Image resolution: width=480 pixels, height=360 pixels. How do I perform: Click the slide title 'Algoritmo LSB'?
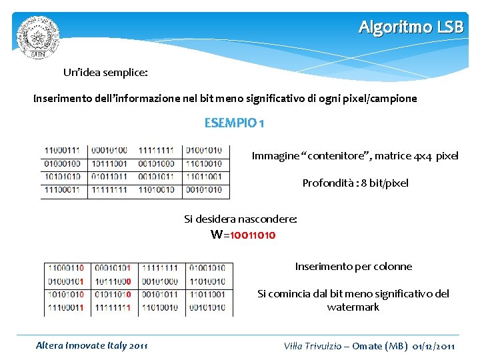coord(410,27)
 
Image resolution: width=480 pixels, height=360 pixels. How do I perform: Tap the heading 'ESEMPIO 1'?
coord(234,123)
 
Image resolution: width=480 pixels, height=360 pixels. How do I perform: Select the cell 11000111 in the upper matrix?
coord(62,151)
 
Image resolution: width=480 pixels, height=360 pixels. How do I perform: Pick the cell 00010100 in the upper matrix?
coord(109,151)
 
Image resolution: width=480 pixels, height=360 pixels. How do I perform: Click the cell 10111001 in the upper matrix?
coord(109,164)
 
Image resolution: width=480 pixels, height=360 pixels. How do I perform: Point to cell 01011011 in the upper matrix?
coord(109,177)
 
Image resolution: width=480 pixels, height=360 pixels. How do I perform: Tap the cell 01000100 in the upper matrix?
coord(62,164)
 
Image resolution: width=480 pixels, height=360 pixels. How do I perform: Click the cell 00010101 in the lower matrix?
coord(112,268)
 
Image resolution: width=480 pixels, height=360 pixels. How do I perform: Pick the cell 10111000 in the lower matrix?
coord(112,281)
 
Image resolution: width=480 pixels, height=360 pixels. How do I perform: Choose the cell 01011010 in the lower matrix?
coord(112,294)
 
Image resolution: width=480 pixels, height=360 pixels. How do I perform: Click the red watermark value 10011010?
coord(253,235)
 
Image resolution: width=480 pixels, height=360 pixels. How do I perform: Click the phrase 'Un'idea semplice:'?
coord(105,71)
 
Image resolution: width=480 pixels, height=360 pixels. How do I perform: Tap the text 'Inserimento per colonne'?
coord(353,267)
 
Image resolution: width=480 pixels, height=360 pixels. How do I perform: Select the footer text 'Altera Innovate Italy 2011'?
coord(91,346)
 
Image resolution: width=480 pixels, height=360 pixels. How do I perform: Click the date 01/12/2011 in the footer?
coord(434,347)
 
